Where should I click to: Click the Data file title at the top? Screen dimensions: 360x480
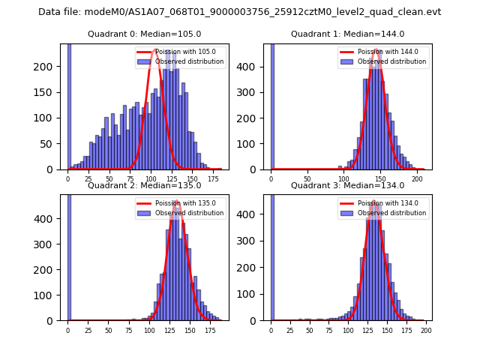(x=239, y=12)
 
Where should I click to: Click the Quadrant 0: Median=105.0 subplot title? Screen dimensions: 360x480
(x=144, y=34)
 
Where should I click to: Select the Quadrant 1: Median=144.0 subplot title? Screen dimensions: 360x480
(x=347, y=34)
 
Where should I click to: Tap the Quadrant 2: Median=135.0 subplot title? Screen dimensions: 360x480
(x=144, y=185)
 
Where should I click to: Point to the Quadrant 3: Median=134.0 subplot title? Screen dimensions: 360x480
(x=347, y=185)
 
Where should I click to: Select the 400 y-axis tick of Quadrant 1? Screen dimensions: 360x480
(x=253, y=67)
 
